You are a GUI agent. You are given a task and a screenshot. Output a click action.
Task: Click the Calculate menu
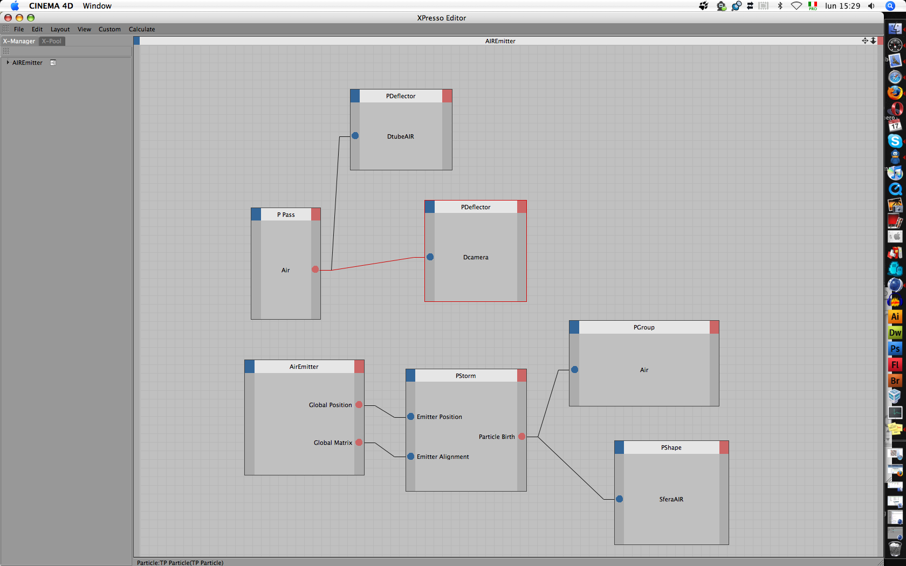142,29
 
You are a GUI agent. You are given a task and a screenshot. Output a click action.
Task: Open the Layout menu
60,29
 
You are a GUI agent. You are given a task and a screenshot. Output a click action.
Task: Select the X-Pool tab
52,41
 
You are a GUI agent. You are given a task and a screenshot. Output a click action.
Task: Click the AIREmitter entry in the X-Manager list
27,63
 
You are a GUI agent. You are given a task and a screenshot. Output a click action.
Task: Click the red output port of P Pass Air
315,270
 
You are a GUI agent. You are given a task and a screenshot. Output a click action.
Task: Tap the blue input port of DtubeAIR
355,136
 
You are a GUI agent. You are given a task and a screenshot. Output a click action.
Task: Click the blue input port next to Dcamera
430,257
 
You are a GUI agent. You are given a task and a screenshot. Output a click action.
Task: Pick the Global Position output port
359,405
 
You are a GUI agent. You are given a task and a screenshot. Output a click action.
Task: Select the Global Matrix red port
359,443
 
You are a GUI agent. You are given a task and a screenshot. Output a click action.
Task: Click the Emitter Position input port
411,417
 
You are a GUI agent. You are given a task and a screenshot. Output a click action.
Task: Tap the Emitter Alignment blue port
411,457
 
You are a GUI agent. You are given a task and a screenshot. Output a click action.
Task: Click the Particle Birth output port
522,437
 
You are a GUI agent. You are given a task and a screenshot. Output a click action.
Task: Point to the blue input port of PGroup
575,370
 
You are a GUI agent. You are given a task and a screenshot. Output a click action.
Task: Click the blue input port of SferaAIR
620,499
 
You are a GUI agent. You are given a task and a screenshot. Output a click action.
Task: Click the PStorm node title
465,376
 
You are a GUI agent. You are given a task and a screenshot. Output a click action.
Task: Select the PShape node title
671,447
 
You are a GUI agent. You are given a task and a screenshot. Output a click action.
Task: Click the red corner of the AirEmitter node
359,367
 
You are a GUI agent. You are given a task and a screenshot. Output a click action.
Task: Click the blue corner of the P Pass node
256,215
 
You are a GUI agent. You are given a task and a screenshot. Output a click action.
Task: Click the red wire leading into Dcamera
377,263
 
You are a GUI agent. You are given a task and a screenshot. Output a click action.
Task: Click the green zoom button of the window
31,18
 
